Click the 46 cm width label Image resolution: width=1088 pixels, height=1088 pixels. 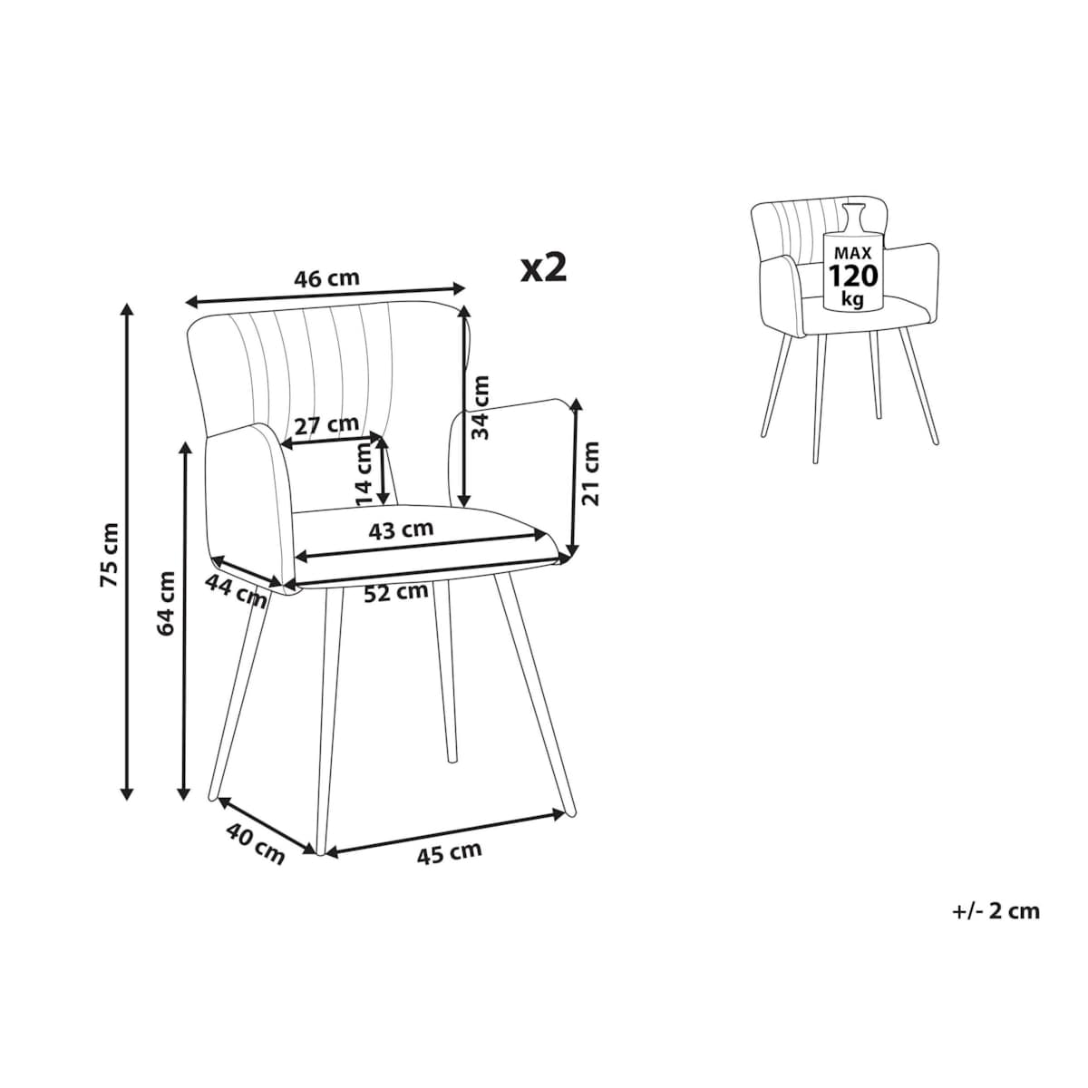(326, 277)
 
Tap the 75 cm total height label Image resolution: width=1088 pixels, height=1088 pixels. (110, 555)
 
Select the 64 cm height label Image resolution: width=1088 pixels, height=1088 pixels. (167, 604)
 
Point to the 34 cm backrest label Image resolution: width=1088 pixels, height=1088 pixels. (481, 408)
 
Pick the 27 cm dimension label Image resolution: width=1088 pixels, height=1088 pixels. (327, 425)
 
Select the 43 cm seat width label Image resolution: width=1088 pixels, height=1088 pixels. (401, 529)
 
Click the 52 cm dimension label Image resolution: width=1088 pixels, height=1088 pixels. (396, 592)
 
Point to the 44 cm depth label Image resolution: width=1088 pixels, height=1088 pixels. (236, 591)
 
